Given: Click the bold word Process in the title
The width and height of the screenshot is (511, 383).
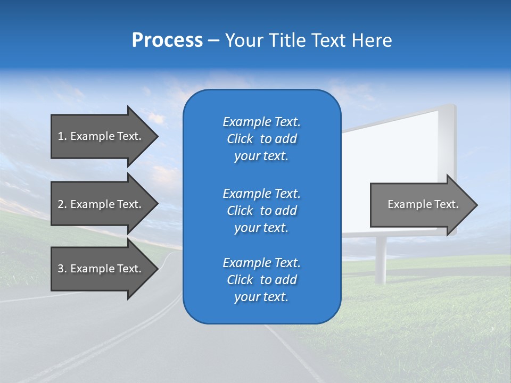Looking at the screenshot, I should click(x=167, y=40).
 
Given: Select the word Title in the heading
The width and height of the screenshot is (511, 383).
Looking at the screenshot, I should click(x=286, y=40).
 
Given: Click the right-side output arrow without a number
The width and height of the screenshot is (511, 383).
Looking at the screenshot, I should click(x=421, y=205).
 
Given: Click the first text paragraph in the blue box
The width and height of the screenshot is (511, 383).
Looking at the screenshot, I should click(x=261, y=139).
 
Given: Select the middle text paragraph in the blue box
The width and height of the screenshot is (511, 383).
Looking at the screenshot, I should click(x=261, y=211).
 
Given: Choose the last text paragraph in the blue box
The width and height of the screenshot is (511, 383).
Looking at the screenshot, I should click(x=261, y=280).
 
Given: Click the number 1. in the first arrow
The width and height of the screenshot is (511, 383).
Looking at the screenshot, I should click(x=62, y=136).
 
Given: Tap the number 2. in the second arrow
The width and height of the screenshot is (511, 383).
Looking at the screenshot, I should click(x=62, y=204).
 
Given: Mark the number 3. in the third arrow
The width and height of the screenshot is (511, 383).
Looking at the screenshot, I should click(x=62, y=269).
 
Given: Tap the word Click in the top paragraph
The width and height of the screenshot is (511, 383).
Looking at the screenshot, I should click(x=240, y=139).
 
